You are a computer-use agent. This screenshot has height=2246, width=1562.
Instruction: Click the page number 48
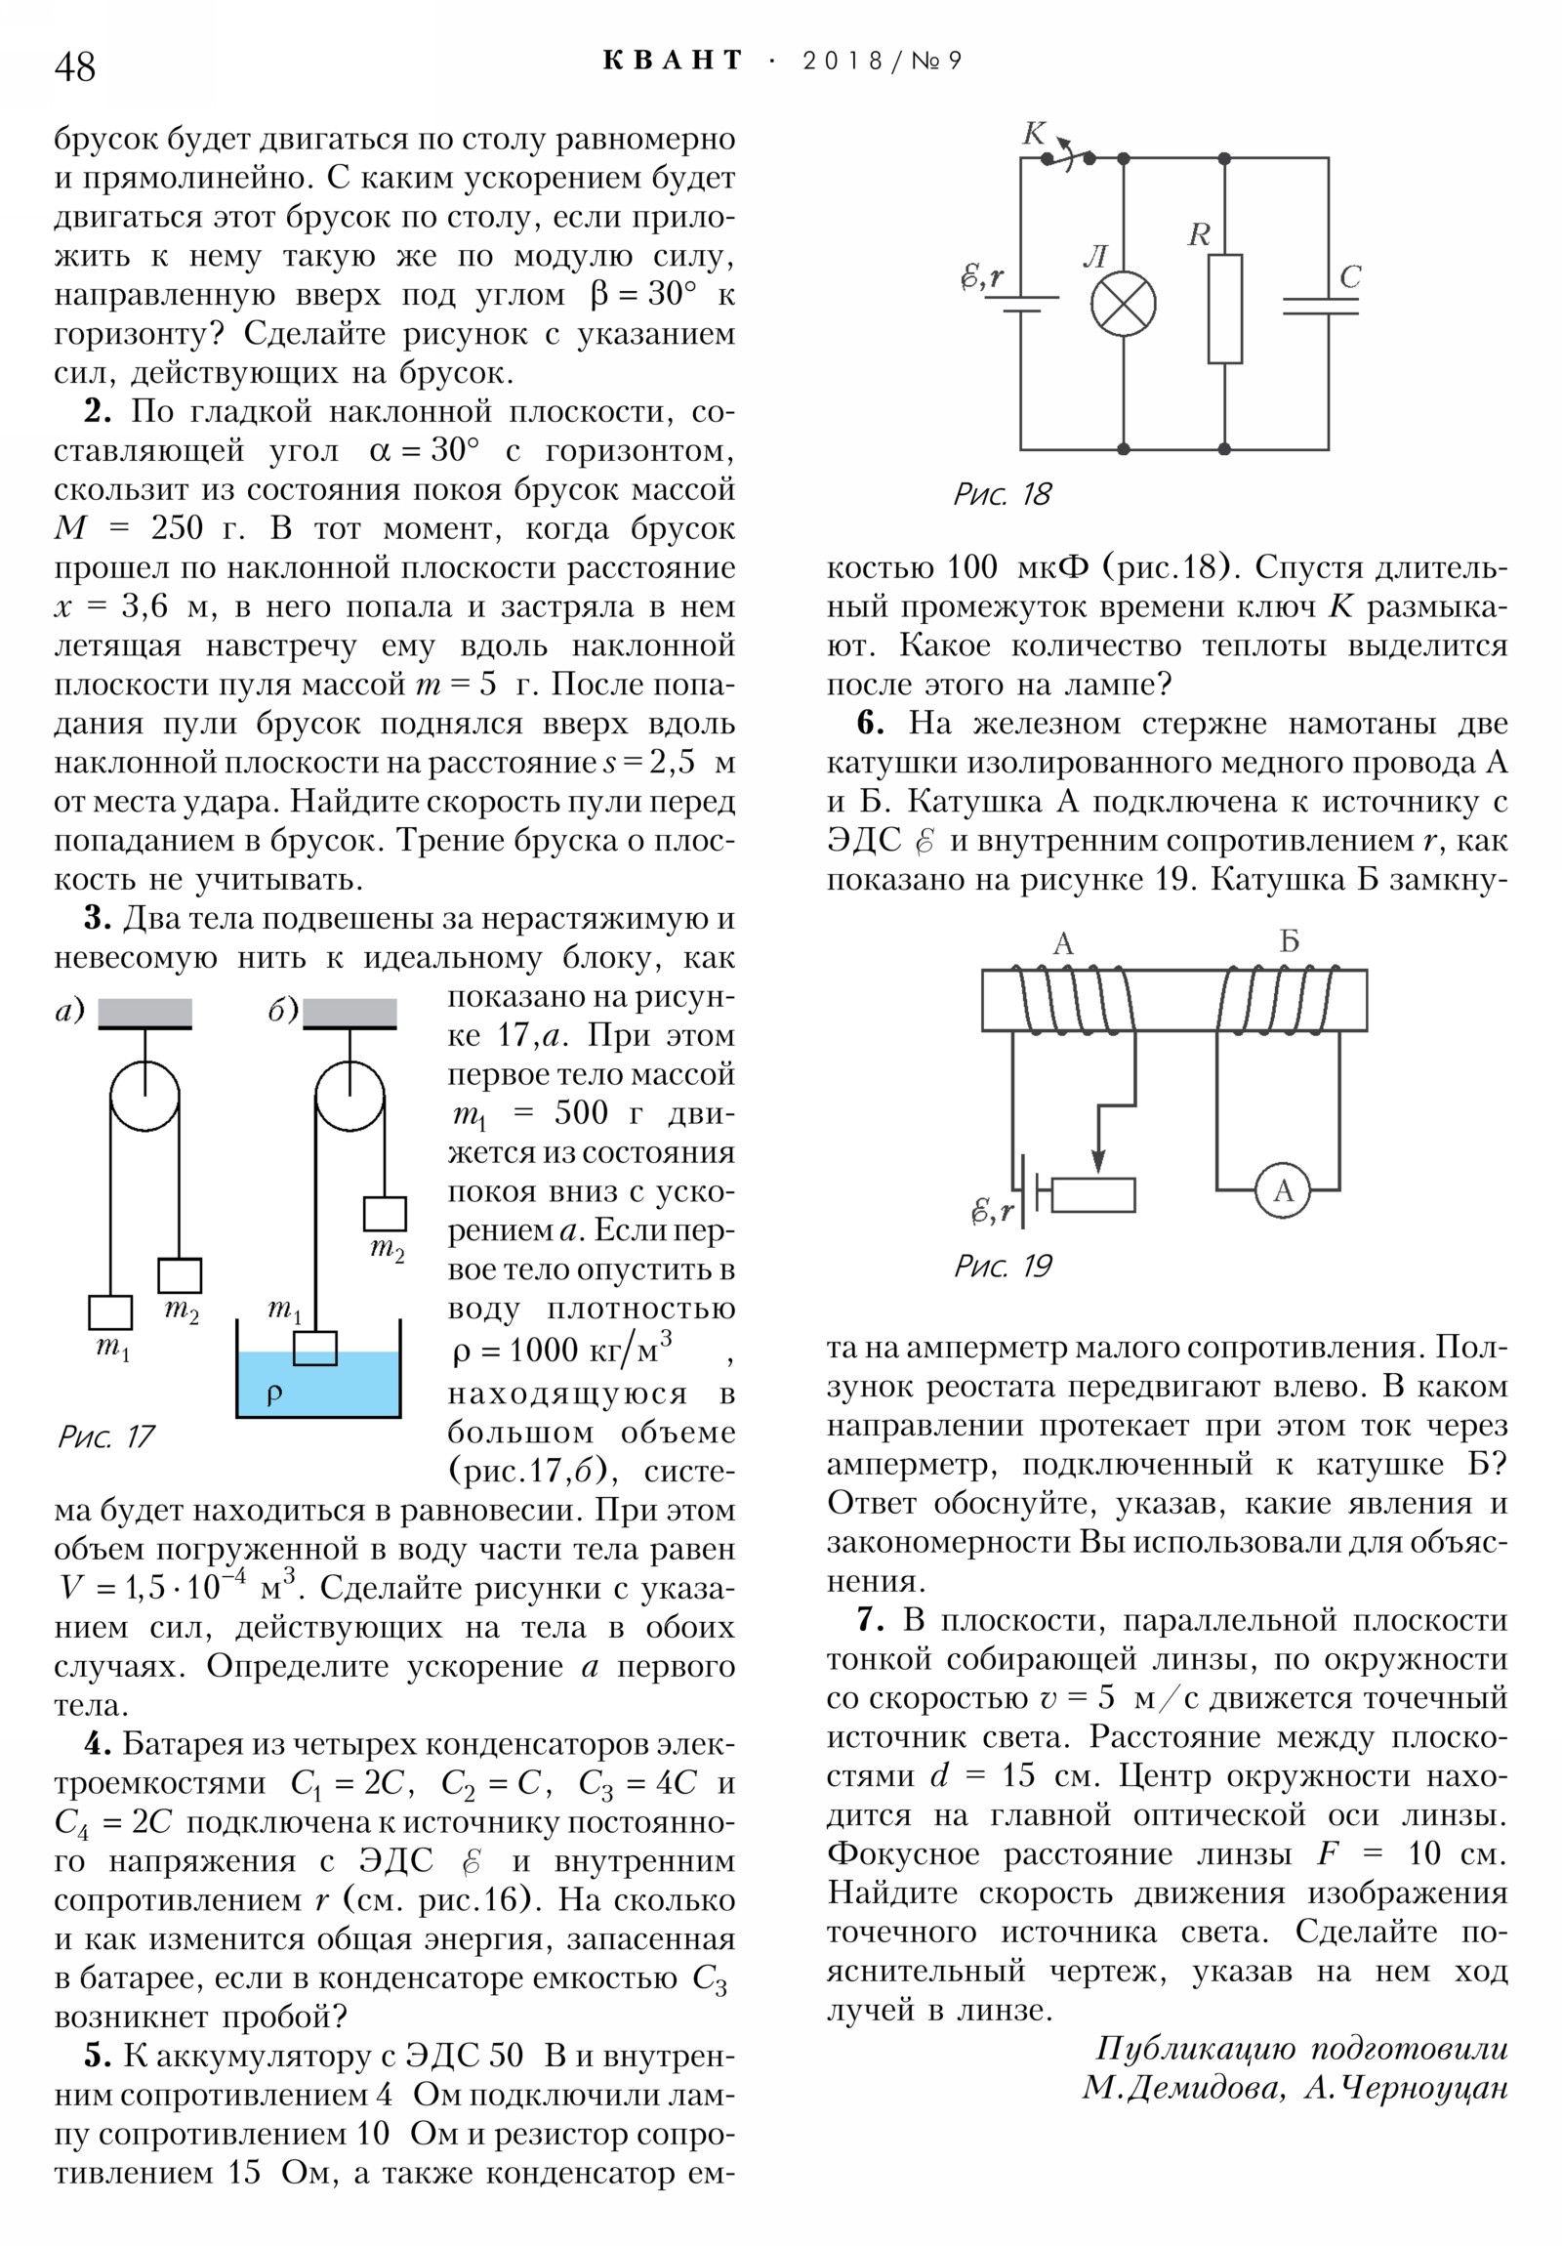(x=75, y=66)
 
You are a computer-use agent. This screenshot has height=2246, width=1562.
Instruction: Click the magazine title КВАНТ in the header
(x=673, y=61)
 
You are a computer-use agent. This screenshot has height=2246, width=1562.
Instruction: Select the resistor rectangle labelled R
(x=1224, y=310)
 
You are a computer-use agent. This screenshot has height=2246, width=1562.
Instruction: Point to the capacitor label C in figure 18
(x=1350, y=276)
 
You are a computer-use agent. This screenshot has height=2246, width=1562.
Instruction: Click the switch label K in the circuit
(x=1034, y=133)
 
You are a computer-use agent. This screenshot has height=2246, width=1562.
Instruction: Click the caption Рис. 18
(x=1002, y=494)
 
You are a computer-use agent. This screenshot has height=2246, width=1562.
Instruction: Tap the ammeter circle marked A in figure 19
(x=1282, y=1189)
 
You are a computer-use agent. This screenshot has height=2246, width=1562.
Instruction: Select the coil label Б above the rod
(x=1289, y=941)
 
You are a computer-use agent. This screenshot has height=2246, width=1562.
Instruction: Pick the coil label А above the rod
(x=1063, y=943)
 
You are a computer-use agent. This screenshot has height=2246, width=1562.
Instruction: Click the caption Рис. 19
(x=1002, y=1267)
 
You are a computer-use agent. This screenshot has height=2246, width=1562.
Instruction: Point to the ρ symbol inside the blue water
(x=275, y=1393)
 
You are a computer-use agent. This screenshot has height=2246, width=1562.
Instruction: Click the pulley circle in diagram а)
(x=144, y=1097)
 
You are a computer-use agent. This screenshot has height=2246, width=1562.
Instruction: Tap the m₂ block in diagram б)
(x=385, y=1214)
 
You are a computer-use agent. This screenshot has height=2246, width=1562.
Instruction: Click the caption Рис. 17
(x=105, y=1436)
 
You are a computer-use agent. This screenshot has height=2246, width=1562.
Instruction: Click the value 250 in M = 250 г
(x=177, y=528)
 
